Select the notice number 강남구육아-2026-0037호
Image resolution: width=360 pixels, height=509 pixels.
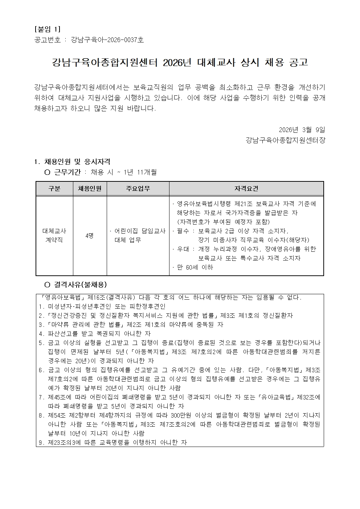[107, 40]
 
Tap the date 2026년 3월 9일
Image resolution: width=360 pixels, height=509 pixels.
[302, 130]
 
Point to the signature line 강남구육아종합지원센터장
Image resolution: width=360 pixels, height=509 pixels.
[285, 140]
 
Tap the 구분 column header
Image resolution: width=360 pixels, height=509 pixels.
[54, 189]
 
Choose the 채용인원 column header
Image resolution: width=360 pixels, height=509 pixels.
[90, 189]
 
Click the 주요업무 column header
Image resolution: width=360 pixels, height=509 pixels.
[138, 189]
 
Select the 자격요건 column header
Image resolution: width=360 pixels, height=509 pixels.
[246, 189]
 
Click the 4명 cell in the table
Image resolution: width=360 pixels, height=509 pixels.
[90, 235]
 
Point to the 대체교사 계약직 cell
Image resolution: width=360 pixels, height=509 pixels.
[54, 235]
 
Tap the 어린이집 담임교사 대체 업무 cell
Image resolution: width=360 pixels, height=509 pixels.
[138, 235]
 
